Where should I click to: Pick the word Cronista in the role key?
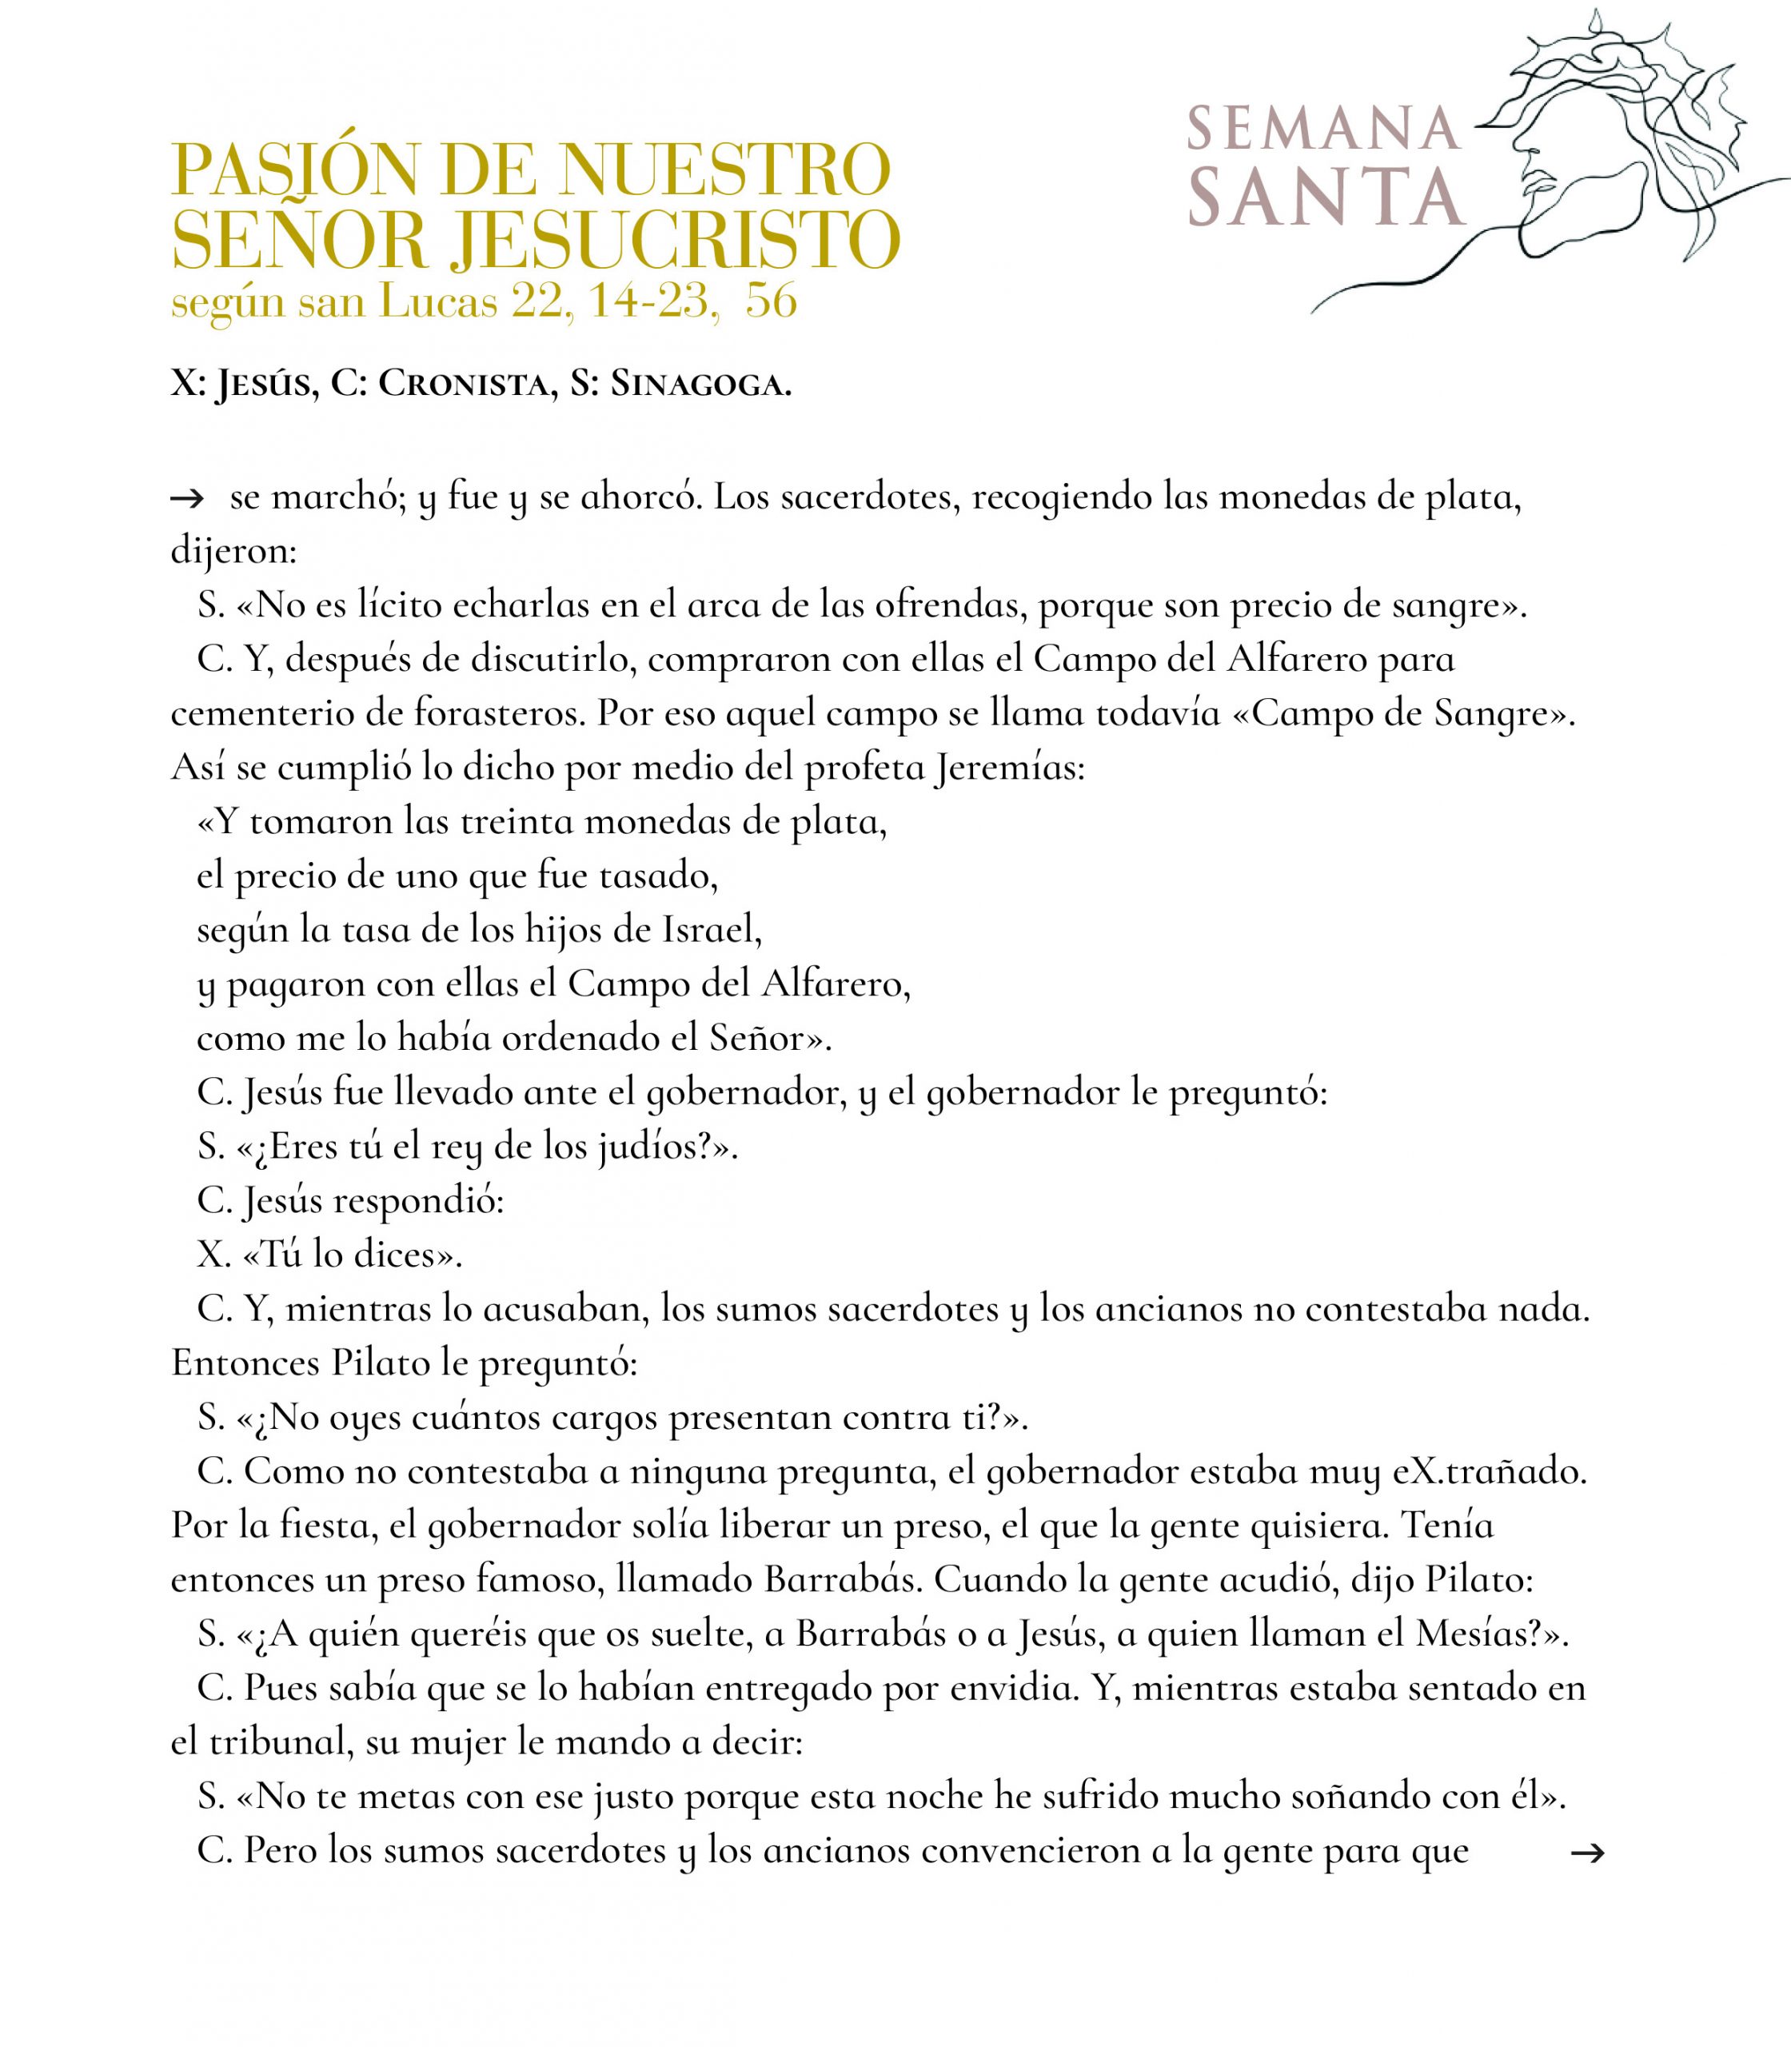[x=467, y=384]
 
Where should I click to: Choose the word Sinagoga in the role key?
[x=700, y=384]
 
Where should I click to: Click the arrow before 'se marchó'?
[x=188, y=499]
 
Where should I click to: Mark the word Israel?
[x=712, y=931]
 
